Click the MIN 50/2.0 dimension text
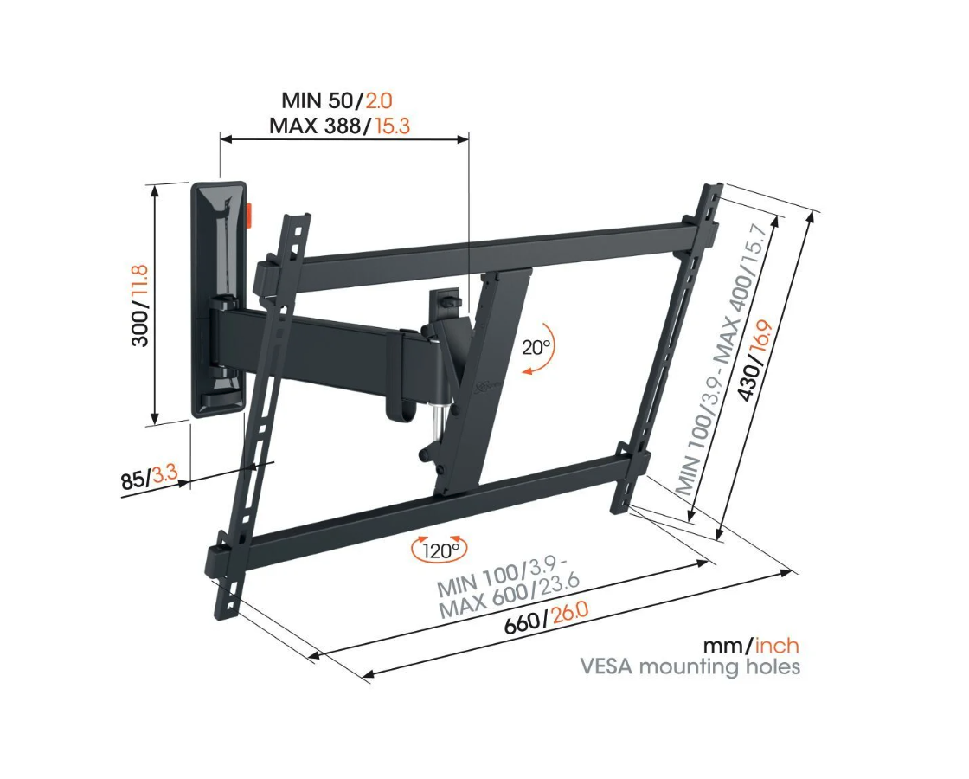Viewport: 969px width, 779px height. click(338, 101)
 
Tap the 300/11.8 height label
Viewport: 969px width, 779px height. click(139, 306)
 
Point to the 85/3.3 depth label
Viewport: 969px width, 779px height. click(149, 477)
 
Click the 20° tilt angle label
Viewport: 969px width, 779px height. click(536, 348)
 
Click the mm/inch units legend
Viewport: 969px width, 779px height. click(750, 646)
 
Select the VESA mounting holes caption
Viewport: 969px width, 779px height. click(690, 667)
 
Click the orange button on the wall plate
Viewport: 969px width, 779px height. click(250, 214)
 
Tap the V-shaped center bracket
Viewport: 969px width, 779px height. click(484, 381)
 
